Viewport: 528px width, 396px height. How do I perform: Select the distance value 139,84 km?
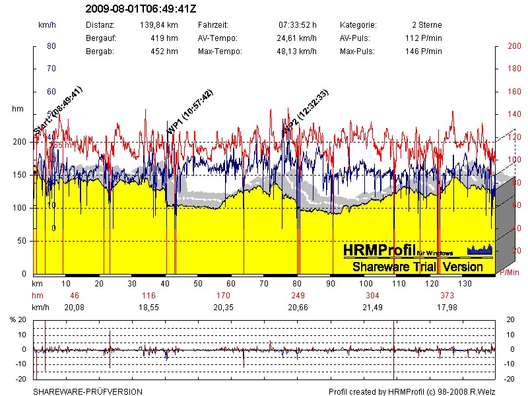[158, 24]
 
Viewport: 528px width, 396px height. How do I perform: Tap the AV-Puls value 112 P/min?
[423, 38]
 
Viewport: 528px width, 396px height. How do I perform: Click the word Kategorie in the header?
[358, 24]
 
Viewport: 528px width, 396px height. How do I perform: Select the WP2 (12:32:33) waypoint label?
[305, 113]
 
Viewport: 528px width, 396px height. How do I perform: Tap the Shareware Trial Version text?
[417, 267]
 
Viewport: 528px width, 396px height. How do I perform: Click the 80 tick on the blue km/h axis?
[51, 46]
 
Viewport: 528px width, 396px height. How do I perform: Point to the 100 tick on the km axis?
[365, 283]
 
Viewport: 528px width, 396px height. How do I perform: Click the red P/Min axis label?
[508, 272]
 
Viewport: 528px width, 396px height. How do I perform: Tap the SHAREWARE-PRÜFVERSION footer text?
[88, 391]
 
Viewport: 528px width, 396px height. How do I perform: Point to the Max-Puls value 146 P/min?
[423, 51]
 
